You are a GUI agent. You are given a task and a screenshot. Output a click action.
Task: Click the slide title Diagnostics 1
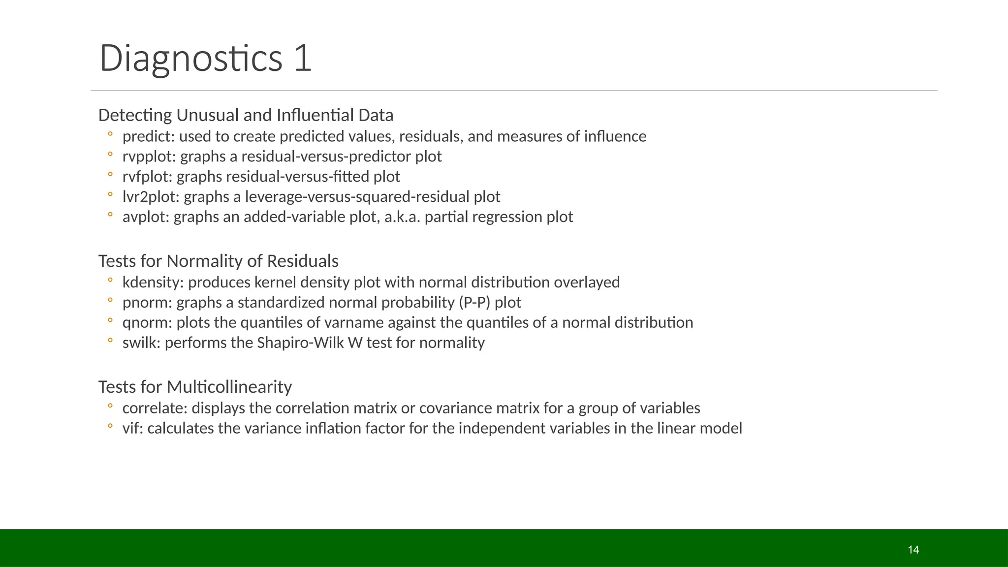(x=205, y=58)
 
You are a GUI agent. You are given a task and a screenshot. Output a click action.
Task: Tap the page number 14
(x=913, y=550)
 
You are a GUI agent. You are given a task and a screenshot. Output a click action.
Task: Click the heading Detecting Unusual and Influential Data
(x=246, y=115)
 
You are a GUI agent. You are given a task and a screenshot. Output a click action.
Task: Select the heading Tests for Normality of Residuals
(x=218, y=261)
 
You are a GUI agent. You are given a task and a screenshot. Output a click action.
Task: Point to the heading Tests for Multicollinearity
(x=195, y=387)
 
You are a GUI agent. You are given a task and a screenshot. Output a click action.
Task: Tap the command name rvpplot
(x=149, y=157)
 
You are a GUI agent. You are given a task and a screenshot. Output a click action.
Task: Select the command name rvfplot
(x=147, y=177)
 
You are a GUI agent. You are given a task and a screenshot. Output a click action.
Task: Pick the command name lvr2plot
(x=151, y=197)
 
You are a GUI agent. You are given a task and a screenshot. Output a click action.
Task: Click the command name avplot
(x=145, y=217)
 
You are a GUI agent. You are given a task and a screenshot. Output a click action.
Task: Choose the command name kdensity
(x=153, y=283)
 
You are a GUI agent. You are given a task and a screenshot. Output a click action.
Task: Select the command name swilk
(x=141, y=343)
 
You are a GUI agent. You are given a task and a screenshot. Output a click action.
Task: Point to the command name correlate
(x=155, y=409)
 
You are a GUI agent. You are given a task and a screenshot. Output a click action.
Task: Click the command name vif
(x=132, y=428)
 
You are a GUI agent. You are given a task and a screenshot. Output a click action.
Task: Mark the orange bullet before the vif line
(x=110, y=426)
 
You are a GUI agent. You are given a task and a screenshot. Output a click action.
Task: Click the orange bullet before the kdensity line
(x=110, y=280)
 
